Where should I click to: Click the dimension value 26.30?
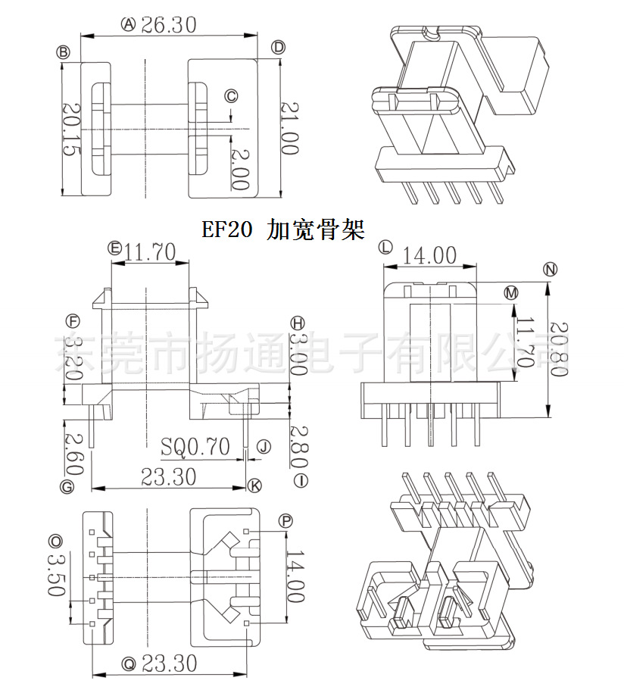tap(168, 25)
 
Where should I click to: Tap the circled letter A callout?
tap(128, 25)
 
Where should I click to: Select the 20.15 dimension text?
tap(69, 130)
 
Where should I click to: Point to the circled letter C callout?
tap(232, 95)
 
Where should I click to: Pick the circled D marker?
tap(278, 48)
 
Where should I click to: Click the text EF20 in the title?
tap(226, 229)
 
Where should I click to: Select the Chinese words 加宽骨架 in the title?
tap(315, 229)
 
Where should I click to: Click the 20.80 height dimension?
tap(559, 349)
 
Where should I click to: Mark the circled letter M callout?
tap(510, 292)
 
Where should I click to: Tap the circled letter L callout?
tap(385, 247)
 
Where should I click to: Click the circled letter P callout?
tap(285, 520)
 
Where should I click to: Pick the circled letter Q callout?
tap(128, 663)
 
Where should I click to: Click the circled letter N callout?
tap(551, 269)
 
